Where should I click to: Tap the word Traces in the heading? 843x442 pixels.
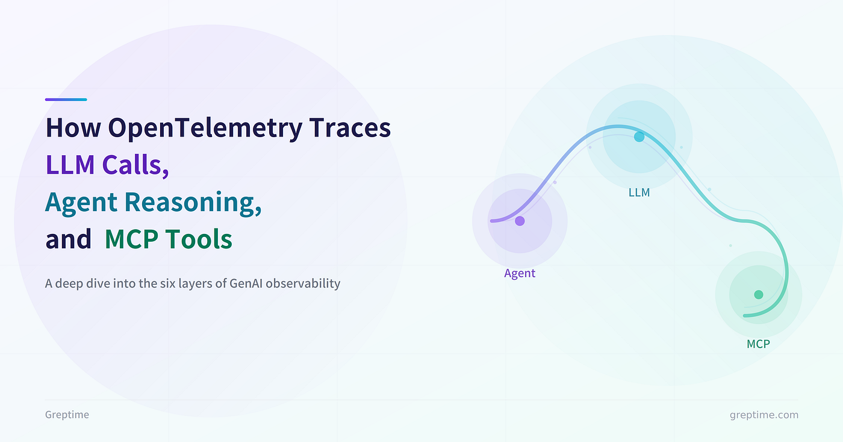point(350,127)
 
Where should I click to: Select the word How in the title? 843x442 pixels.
point(73,127)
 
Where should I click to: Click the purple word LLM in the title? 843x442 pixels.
point(70,165)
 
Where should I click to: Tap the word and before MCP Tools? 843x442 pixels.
point(69,239)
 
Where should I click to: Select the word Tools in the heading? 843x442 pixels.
point(199,239)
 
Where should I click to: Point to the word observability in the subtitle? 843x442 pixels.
point(303,284)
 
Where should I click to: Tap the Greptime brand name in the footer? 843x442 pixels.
point(67,415)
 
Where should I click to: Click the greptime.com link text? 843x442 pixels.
point(764,415)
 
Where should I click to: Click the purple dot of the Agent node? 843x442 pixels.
point(520,221)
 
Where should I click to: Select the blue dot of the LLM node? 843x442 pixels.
point(639,137)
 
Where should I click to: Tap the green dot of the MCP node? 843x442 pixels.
point(759,295)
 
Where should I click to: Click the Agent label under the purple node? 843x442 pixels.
point(520,273)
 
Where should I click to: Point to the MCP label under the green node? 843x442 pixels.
point(758,344)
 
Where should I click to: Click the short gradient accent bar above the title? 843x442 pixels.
point(66,100)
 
